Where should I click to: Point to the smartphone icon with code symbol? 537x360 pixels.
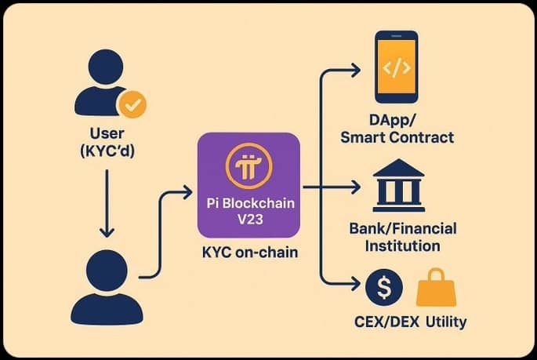[397, 67]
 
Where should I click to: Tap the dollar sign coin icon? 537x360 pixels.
[384, 288]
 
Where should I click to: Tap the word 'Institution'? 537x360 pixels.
[403, 245]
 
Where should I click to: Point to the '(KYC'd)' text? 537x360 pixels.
[107, 151]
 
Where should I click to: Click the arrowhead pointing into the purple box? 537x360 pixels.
[187, 190]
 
